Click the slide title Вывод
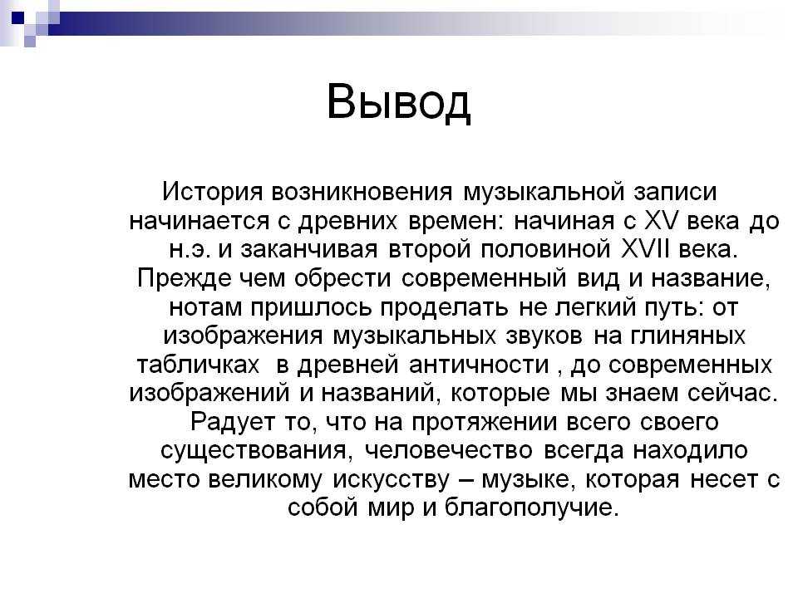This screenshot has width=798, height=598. (x=398, y=103)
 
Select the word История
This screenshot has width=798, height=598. (x=213, y=193)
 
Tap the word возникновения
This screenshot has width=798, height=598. (x=362, y=193)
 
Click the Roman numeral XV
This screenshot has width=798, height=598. (x=662, y=221)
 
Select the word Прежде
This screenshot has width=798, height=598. (x=185, y=279)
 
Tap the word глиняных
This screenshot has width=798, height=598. (x=687, y=336)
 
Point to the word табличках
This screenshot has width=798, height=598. (x=198, y=365)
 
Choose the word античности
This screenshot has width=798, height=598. (x=480, y=365)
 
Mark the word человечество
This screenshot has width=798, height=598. (x=448, y=451)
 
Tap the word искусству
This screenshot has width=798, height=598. (x=392, y=479)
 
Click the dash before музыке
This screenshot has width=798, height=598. (x=466, y=480)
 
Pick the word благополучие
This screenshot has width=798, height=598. (x=531, y=508)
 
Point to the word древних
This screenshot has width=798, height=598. (x=347, y=222)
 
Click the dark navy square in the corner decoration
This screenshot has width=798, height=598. (x=17, y=17)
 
